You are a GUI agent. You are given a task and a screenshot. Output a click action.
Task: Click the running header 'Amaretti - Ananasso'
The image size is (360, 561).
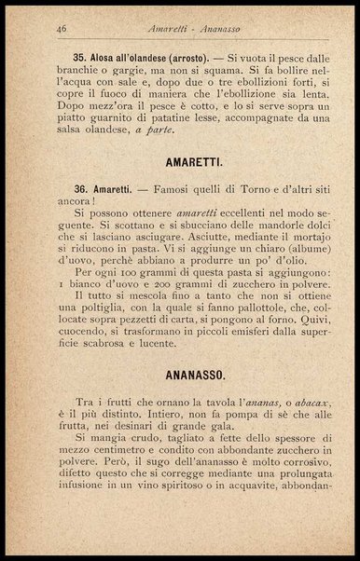click(x=179, y=30)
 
